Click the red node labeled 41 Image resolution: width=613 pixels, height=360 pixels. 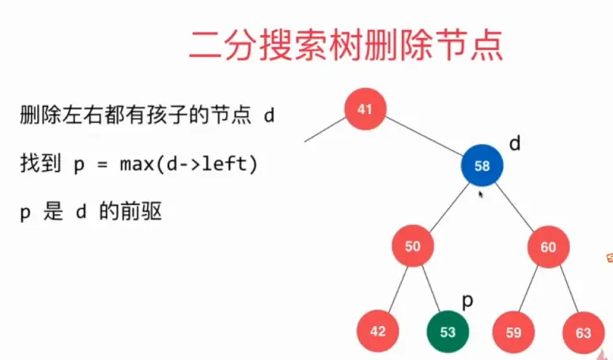pos(365,109)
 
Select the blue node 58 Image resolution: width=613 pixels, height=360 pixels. pos(482,166)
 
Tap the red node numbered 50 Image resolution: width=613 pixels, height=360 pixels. pos(413,247)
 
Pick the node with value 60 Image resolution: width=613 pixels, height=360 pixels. pos(548,247)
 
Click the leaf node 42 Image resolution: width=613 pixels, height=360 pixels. pos(378,332)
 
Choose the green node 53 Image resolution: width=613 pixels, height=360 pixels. pos(448,332)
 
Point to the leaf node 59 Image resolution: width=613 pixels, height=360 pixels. pos(513,332)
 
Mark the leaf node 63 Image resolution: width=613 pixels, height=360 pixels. pos(583,332)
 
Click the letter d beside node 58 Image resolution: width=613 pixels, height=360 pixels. pos(514,144)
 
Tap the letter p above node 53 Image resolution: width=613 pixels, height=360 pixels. pos(467,301)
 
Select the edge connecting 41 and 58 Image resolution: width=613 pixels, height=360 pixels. pos(423,138)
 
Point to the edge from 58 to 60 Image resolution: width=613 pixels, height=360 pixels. pos(515,206)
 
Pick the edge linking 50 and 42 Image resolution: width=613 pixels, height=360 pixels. pos(396,288)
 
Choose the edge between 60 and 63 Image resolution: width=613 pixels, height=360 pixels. pos(566,289)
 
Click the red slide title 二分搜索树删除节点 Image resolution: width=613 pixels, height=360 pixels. pos(346,45)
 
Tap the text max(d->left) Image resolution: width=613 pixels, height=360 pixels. pos(189,165)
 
